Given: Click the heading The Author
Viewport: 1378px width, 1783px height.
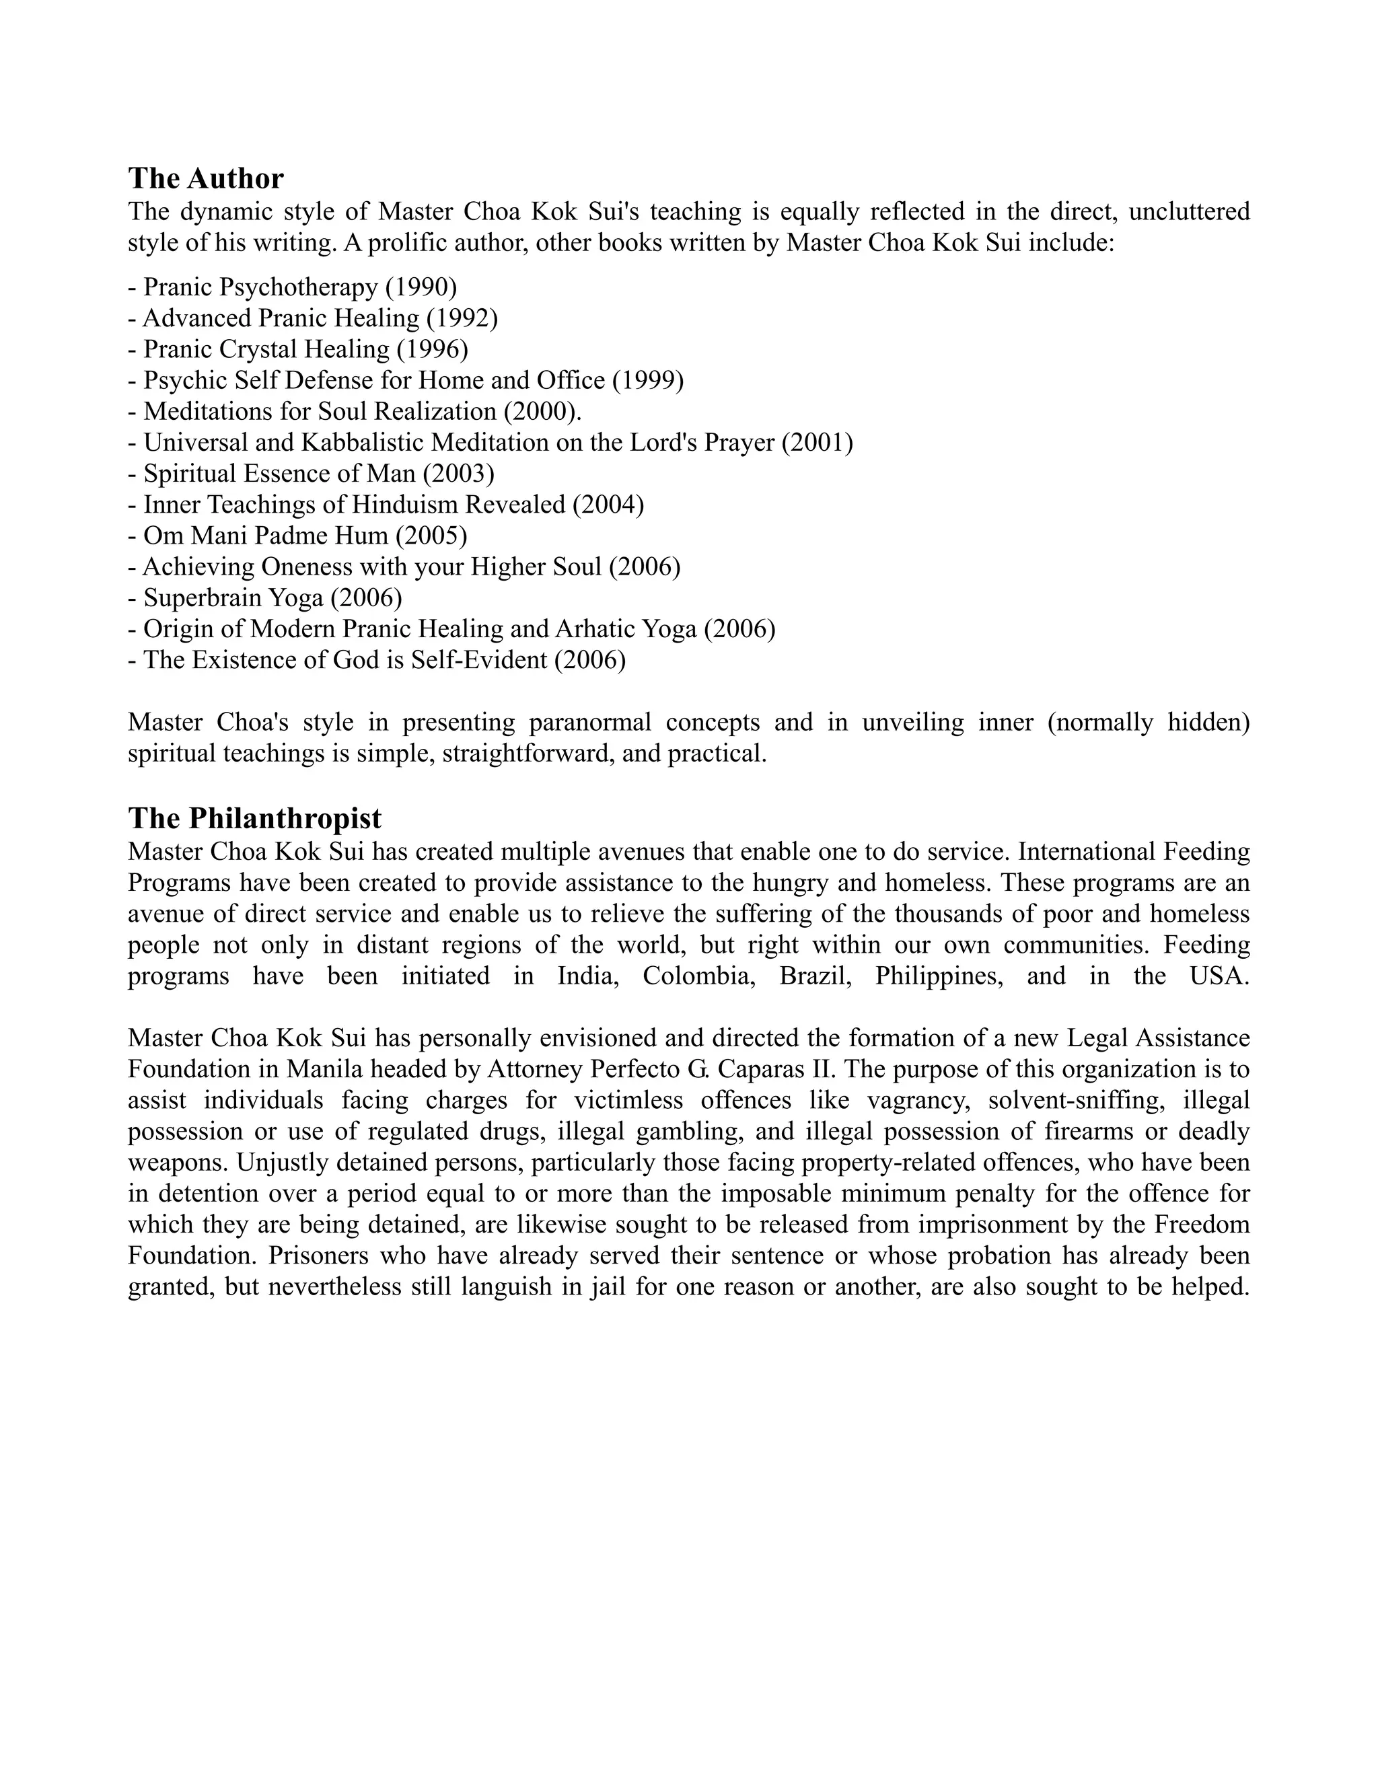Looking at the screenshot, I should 206,178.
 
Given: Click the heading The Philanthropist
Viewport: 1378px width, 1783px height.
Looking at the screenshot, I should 255,818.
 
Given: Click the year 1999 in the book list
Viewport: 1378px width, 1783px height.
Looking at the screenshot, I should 648,379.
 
